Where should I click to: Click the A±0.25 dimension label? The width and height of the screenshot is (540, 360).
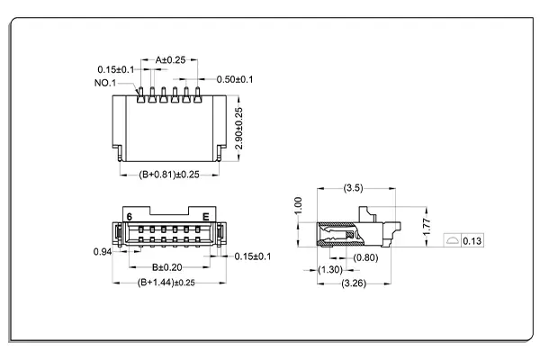point(170,59)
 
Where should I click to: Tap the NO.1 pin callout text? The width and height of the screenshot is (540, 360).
point(105,83)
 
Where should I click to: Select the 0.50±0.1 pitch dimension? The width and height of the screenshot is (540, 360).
point(233,79)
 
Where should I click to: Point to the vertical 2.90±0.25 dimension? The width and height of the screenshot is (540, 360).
point(238,130)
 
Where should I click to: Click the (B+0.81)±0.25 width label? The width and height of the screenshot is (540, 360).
point(167,175)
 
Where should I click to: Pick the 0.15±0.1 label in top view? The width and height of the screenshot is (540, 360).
point(116,69)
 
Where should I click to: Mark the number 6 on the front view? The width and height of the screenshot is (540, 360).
point(130,217)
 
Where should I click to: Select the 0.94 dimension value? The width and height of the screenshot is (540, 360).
point(103,252)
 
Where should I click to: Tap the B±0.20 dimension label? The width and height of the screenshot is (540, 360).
point(167,267)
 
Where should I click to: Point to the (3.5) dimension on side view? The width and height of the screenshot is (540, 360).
point(353,188)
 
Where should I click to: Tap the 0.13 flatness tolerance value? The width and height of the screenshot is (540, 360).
point(473,240)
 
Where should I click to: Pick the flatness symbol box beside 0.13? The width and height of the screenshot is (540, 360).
point(454,240)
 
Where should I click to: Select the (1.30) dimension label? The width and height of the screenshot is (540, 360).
point(330,270)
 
